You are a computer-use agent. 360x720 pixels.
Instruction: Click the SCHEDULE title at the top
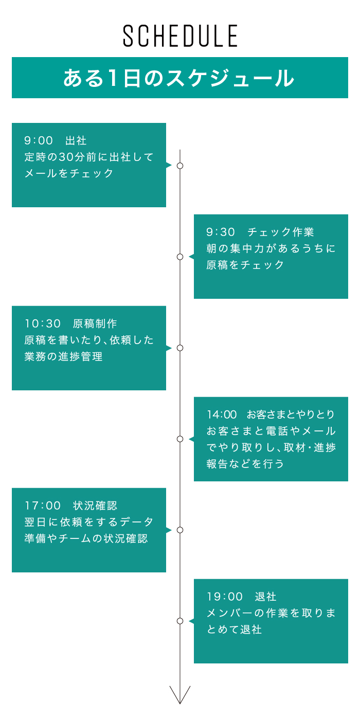180,35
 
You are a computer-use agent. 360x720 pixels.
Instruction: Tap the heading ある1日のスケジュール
179,78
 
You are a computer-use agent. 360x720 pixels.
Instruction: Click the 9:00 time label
39,140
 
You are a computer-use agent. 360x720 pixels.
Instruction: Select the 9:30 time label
221,232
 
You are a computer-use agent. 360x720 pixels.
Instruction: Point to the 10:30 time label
43,323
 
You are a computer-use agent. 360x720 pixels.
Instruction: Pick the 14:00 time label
222,415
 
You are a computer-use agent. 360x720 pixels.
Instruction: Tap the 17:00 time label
43,506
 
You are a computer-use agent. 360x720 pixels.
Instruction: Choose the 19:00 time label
225,597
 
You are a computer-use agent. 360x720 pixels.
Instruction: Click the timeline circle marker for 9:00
180,166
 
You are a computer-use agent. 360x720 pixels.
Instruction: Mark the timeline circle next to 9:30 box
180,257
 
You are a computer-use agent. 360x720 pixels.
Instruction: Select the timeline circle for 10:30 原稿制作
180,348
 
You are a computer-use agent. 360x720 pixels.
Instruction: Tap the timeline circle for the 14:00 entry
180,439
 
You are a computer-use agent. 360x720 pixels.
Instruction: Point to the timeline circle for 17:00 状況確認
180,530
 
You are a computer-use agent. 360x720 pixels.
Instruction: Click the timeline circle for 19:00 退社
180,621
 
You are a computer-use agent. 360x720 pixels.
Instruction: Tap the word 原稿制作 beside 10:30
95,323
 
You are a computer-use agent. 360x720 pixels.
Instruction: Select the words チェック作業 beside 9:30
281,232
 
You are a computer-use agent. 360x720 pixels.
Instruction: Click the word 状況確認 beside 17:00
95,506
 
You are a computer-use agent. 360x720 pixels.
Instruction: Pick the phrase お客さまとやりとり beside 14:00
291,415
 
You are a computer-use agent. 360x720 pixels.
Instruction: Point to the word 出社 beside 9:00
76,140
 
